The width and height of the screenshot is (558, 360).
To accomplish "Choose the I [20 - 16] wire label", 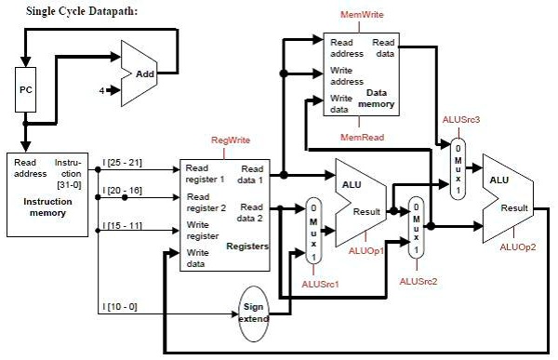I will (x=124, y=189).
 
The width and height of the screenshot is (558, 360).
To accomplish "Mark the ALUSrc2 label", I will (x=418, y=280).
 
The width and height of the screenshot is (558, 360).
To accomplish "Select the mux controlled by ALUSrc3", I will (x=458, y=168).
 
